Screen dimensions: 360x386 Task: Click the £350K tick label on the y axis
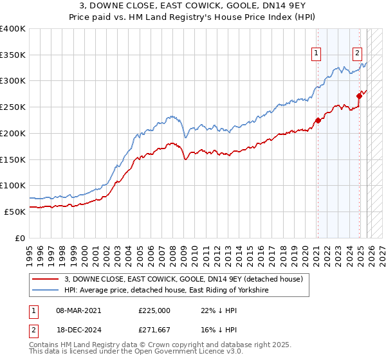(13, 55)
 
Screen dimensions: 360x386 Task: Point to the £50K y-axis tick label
(15, 211)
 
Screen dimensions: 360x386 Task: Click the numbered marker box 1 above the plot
(317, 54)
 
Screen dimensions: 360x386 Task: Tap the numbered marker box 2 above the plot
(357, 54)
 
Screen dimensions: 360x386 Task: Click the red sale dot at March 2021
(317, 120)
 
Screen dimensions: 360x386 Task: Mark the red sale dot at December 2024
(359, 96)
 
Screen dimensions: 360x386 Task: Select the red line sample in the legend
(46, 279)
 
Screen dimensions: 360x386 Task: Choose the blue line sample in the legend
(46, 290)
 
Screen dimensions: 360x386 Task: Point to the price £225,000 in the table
(154, 310)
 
